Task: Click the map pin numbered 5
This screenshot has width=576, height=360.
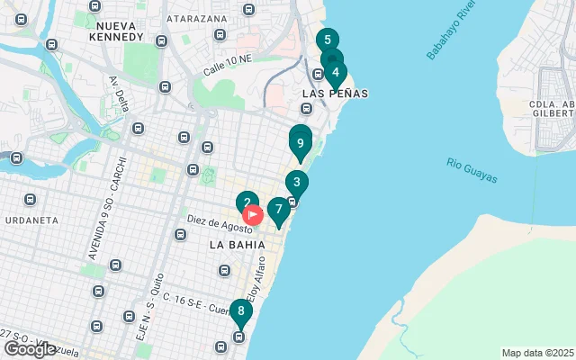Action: pos(327,40)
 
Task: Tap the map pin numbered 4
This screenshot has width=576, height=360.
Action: pos(335,73)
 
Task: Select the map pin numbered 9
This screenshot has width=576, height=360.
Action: pos(300,142)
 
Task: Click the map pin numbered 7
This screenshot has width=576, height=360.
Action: pos(279,210)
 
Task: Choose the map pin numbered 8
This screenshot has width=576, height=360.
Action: pos(240,311)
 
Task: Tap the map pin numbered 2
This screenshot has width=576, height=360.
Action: pos(247,203)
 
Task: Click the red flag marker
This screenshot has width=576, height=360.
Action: pos(254,215)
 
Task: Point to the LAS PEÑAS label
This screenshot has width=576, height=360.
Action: pos(335,94)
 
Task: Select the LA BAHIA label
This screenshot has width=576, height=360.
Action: pos(233,244)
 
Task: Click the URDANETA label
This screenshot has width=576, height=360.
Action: pos(31,220)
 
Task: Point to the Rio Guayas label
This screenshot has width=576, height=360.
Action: pos(472,171)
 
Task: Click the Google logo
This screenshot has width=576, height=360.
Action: pos(30,349)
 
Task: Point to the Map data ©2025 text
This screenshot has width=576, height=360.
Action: pos(536,353)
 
